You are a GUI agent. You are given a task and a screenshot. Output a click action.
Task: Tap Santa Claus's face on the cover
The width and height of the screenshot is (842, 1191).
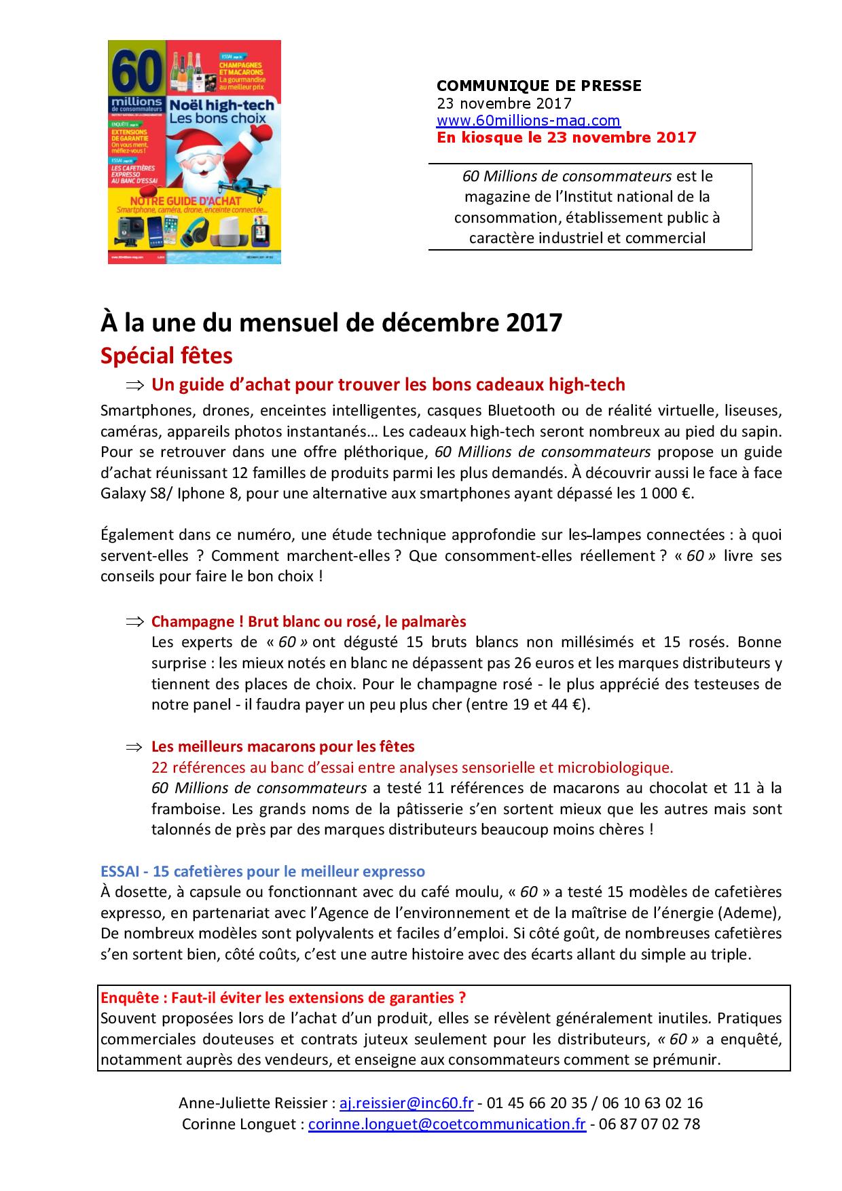tap(206, 163)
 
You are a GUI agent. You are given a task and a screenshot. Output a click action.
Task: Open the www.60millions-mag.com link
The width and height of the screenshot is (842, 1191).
tap(528, 121)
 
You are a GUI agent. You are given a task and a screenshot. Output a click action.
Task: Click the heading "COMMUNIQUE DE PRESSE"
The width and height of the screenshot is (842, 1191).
tap(538, 86)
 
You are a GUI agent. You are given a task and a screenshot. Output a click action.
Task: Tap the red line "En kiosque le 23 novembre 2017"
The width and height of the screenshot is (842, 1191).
tap(566, 138)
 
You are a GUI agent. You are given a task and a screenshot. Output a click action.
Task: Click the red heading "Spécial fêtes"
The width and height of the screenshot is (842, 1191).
tap(166, 356)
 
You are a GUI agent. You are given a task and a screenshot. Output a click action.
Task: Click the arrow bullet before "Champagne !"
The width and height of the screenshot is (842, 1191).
tap(135, 621)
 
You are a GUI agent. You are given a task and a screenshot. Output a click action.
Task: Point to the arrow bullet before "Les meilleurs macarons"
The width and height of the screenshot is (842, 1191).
tap(135, 747)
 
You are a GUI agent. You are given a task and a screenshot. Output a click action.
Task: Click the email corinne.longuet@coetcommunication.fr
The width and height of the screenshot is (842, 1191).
tap(446, 1124)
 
